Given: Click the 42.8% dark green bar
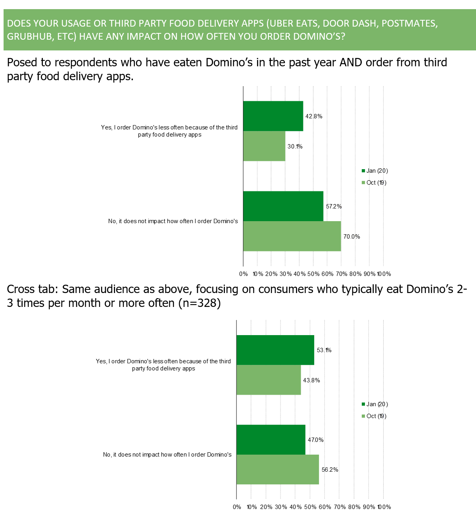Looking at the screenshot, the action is (273, 116).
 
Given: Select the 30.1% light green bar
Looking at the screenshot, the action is (264, 146).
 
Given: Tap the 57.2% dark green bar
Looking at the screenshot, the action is (283, 206).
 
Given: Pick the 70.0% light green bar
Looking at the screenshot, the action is (292, 236).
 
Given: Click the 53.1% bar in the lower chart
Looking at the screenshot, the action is (275, 350).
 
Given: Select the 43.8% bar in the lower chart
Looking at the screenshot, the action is (269, 380).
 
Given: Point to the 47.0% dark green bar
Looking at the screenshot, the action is (271, 440).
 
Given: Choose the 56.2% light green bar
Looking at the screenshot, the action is (278, 470).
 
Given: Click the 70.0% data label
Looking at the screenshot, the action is (351, 237).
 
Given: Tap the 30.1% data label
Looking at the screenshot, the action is (295, 147).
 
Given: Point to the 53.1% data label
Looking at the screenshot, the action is (324, 350).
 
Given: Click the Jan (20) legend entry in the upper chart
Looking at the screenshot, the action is (374, 171).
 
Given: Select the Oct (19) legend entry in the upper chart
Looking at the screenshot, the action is (374, 183).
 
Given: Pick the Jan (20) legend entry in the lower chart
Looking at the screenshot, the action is (374, 404).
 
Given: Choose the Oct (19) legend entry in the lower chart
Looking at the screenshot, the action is (374, 416).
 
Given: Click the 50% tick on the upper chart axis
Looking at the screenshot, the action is (313, 274).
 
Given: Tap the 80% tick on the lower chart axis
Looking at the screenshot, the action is (354, 507).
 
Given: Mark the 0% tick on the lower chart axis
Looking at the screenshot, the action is (237, 507).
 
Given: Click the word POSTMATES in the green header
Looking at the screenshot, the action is (409, 23).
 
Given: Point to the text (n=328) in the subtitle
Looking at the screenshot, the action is (200, 303).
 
